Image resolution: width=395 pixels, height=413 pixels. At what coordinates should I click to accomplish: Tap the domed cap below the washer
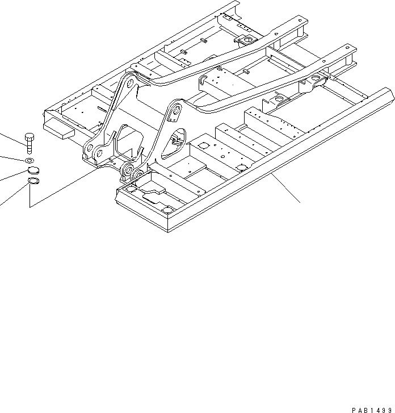pos(31,170)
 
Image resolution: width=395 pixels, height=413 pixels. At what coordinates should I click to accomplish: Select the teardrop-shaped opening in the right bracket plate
pos(177,142)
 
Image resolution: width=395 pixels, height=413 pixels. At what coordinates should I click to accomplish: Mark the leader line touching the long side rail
pos(283,187)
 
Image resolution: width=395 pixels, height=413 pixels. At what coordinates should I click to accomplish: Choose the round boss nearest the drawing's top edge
pos(247,40)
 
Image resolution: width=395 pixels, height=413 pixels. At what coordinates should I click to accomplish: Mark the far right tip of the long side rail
pos(390,91)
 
